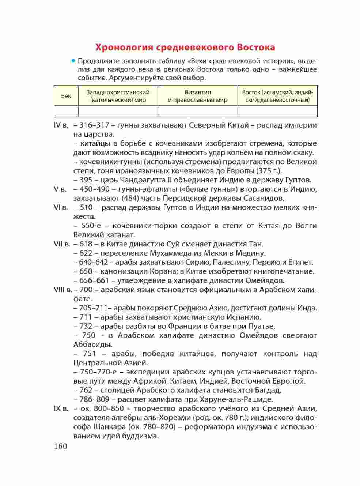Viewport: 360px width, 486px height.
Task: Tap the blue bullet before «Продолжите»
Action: (73, 60)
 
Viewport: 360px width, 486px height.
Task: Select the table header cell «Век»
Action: (66, 96)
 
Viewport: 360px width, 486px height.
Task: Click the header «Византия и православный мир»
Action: (198, 96)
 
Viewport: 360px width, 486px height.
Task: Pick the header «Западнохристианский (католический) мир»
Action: (118, 96)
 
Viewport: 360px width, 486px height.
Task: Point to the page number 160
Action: (60, 446)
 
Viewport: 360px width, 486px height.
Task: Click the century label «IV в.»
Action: (61, 125)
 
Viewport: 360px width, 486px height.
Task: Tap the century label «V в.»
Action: (60, 189)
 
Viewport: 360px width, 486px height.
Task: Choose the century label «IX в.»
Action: (61, 408)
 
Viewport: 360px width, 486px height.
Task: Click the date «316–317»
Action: (92, 125)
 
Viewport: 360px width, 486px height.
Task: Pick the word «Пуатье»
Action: (262, 326)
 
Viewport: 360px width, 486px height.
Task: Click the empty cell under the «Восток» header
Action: (277, 111)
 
